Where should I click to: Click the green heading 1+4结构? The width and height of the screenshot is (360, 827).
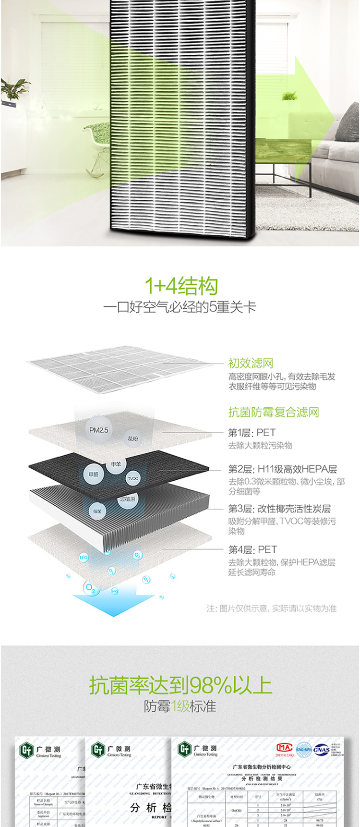[x=181, y=286]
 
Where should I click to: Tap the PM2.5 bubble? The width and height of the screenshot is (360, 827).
[x=98, y=430]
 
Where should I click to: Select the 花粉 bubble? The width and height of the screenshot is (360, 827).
[x=132, y=438]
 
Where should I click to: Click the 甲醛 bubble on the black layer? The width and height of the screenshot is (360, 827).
[x=93, y=474]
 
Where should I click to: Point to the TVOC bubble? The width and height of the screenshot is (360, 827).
[x=133, y=478]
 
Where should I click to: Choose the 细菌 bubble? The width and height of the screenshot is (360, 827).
[x=97, y=511]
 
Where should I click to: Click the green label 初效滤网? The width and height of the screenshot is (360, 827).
[x=251, y=364]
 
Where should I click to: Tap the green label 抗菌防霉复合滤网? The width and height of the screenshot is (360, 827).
[x=274, y=412]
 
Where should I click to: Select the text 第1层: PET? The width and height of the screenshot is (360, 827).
[x=252, y=432]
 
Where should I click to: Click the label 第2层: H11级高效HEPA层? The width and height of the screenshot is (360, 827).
[x=282, y=469]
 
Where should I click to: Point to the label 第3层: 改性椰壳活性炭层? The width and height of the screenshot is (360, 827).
[x=279, y=509]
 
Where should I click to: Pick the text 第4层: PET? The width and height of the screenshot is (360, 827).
[x=252, y=549]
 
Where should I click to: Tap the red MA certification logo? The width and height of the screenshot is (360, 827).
[x=284, y=748]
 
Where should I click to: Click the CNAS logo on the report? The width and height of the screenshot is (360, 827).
[x=321, y=750]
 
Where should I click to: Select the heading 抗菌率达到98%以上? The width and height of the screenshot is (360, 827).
[x=180, y=685]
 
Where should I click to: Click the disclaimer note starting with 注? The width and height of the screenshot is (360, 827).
[x=271, y=608]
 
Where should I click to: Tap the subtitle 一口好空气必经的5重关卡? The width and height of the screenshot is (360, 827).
[x=180, y=307]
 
